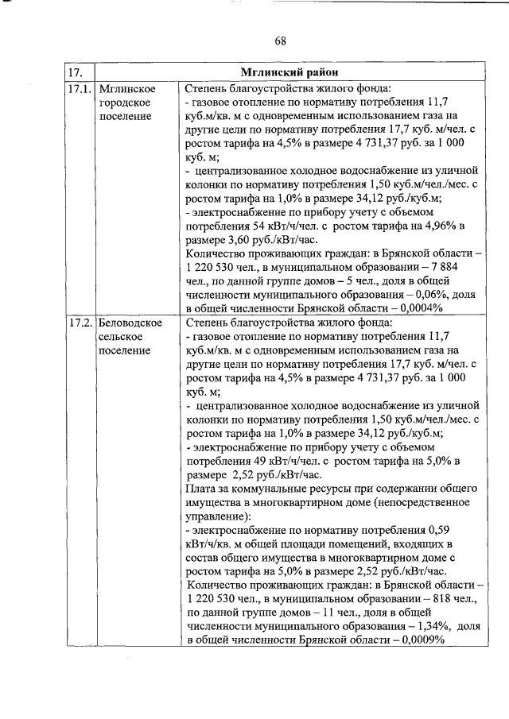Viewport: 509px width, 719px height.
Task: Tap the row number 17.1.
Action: pos(80,88)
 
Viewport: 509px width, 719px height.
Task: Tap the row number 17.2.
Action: pos(80,323)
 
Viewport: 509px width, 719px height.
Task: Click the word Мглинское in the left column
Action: pos(126,88)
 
